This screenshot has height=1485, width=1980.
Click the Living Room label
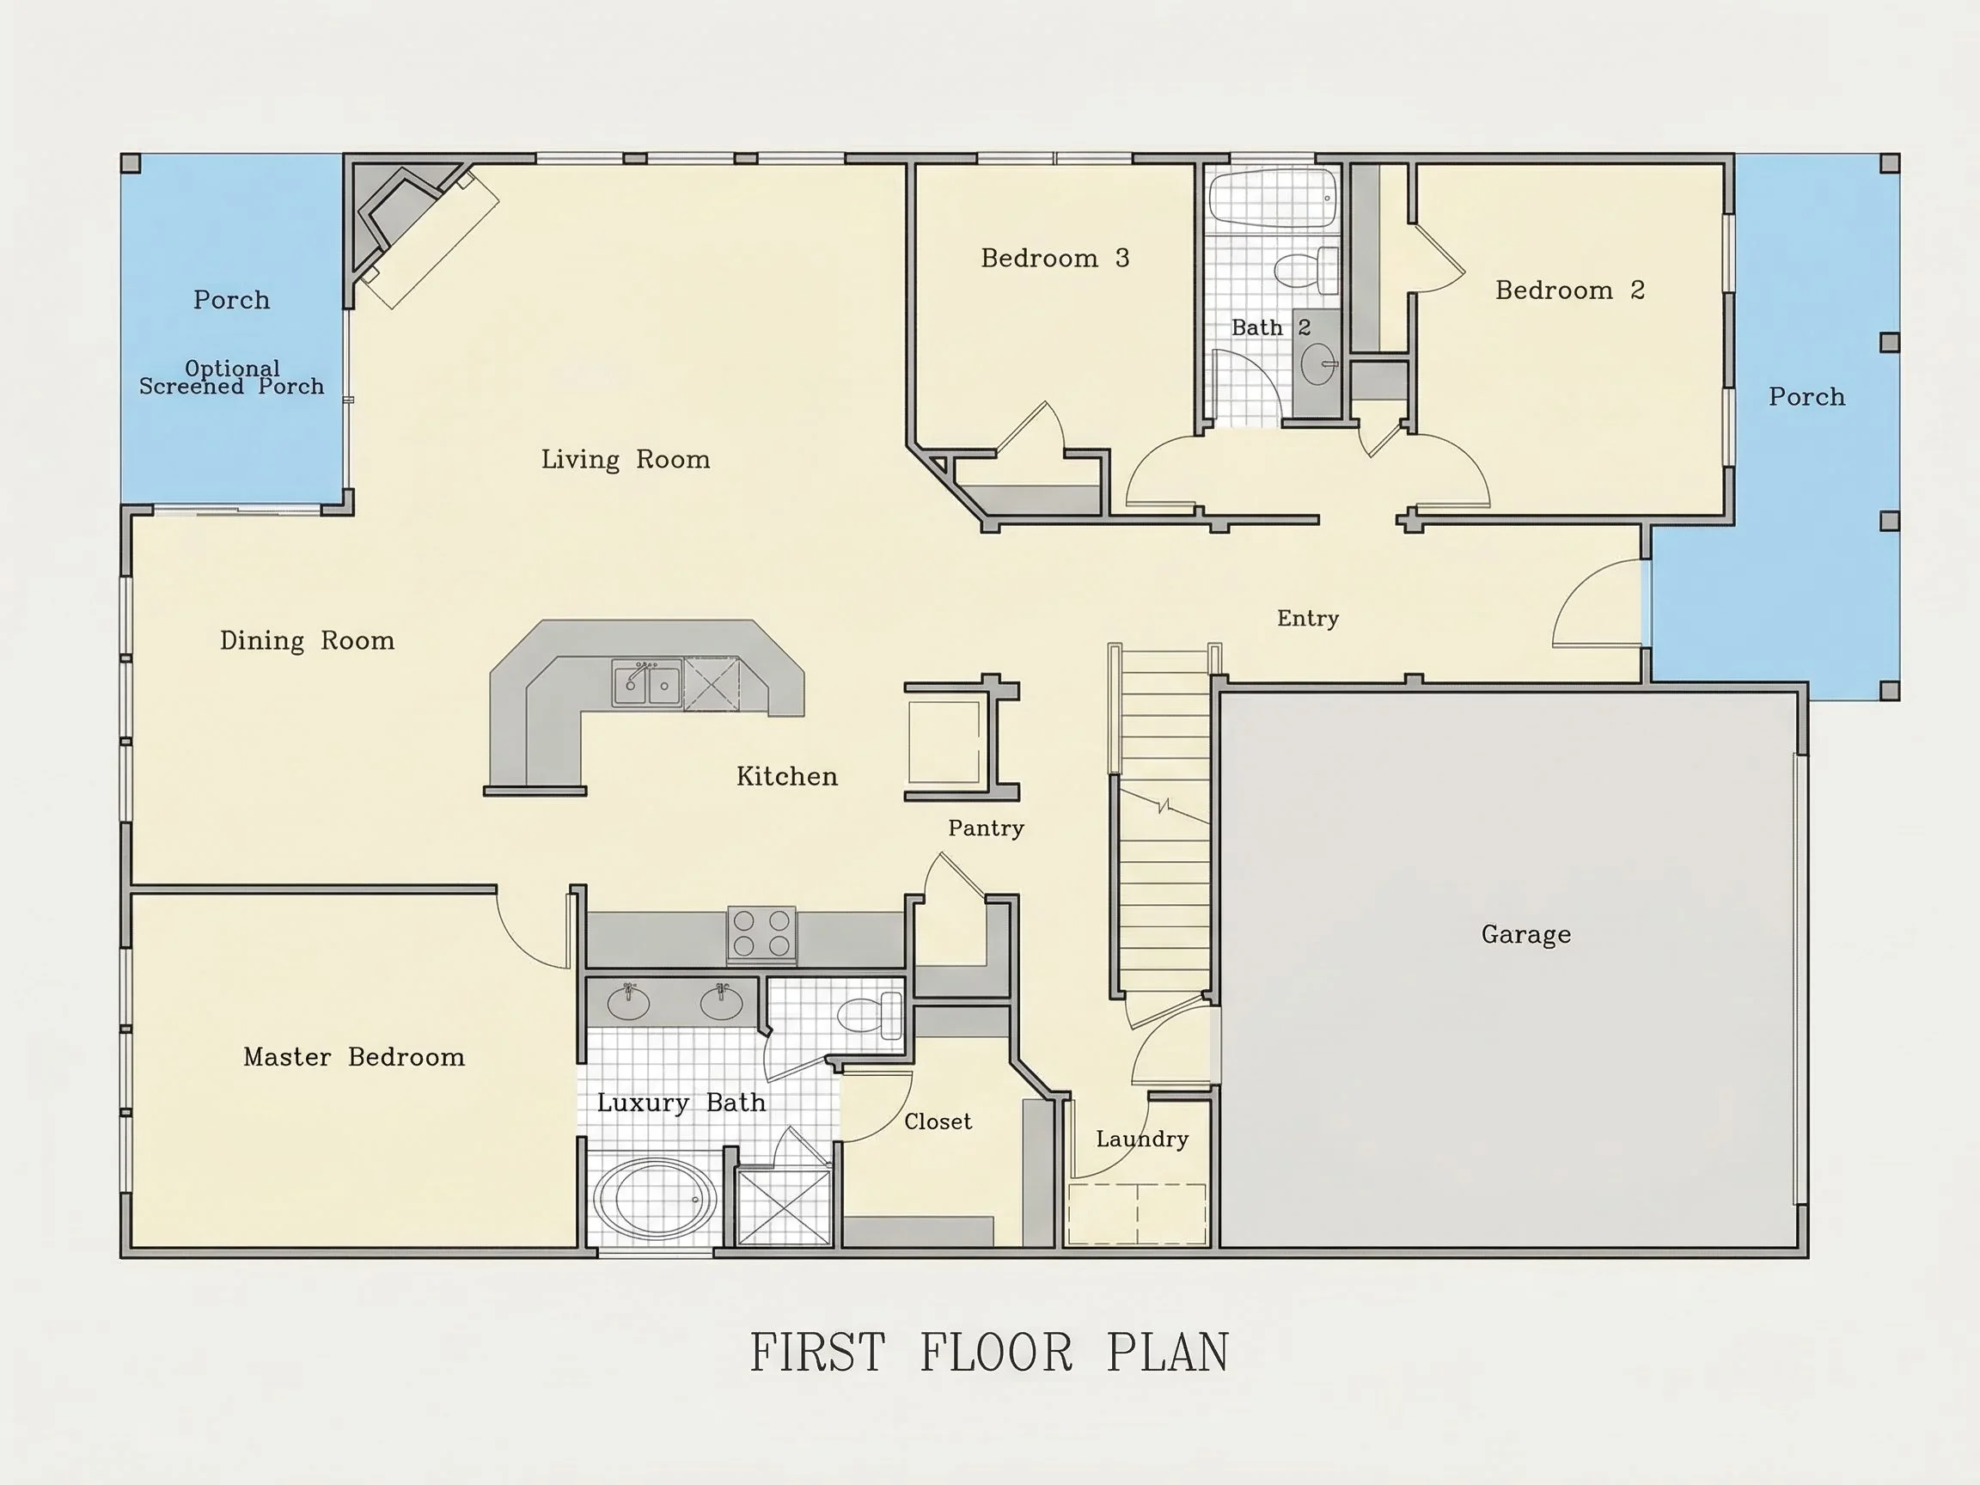pyautogui.click(x=625, y=460)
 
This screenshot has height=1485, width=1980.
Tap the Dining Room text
pyautogui.click(x=307, y=641)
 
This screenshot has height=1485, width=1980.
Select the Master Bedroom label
pyautogui.click(x=353, y=1057)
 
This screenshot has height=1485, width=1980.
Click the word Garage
pyautogui.click(x=1526, y=935)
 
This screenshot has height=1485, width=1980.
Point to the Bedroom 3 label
pyautogui.click(x=1054, y=259)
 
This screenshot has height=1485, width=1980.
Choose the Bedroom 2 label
pyautogui.click(x=1570, y=290)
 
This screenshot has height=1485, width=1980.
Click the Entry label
pyautogui.click(x=1308, y=619)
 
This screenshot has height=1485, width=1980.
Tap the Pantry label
pyautogui.click(x=986, y=828)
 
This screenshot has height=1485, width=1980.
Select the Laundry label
pyautogui.click(x=1142, y=1140)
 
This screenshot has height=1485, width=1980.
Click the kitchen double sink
pyautogui.click(x=647, y=684)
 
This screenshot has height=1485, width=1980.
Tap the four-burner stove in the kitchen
pyautogui.click(x=761, y=933)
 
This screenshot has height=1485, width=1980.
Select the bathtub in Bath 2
pyautogui.click(x=1272, y=197)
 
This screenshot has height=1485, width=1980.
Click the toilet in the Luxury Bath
pyautogui.click(x=869, y=1016)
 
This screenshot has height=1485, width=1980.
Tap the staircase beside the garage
pyautogui.click(x=1163, y=819)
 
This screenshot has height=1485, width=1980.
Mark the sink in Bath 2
pyautogui.click(x=1317, y=364)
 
